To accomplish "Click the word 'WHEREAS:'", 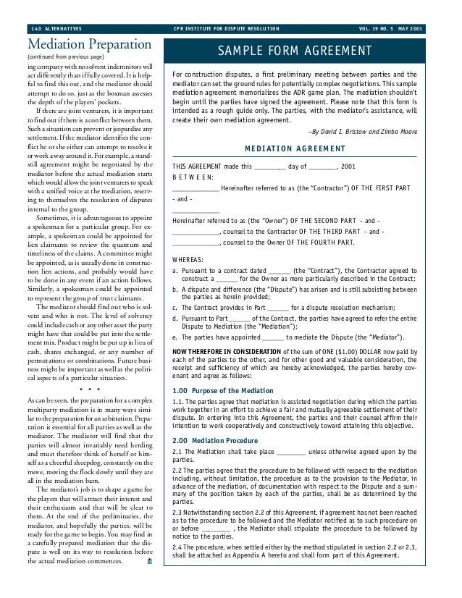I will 188,259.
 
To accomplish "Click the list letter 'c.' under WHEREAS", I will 176,308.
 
